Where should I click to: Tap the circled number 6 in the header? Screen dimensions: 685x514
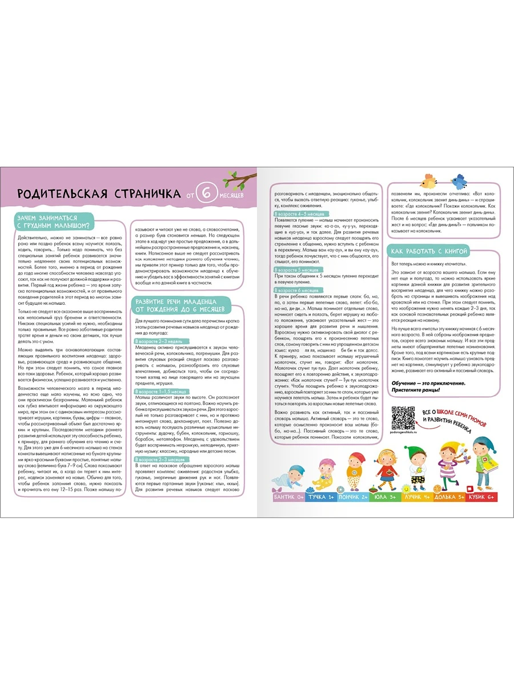pos(207,193)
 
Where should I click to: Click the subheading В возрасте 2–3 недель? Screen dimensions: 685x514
pos(158,341)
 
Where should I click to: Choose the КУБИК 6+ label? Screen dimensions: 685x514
pos(481,498)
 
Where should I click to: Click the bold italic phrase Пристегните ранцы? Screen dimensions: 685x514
pos(420,390)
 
